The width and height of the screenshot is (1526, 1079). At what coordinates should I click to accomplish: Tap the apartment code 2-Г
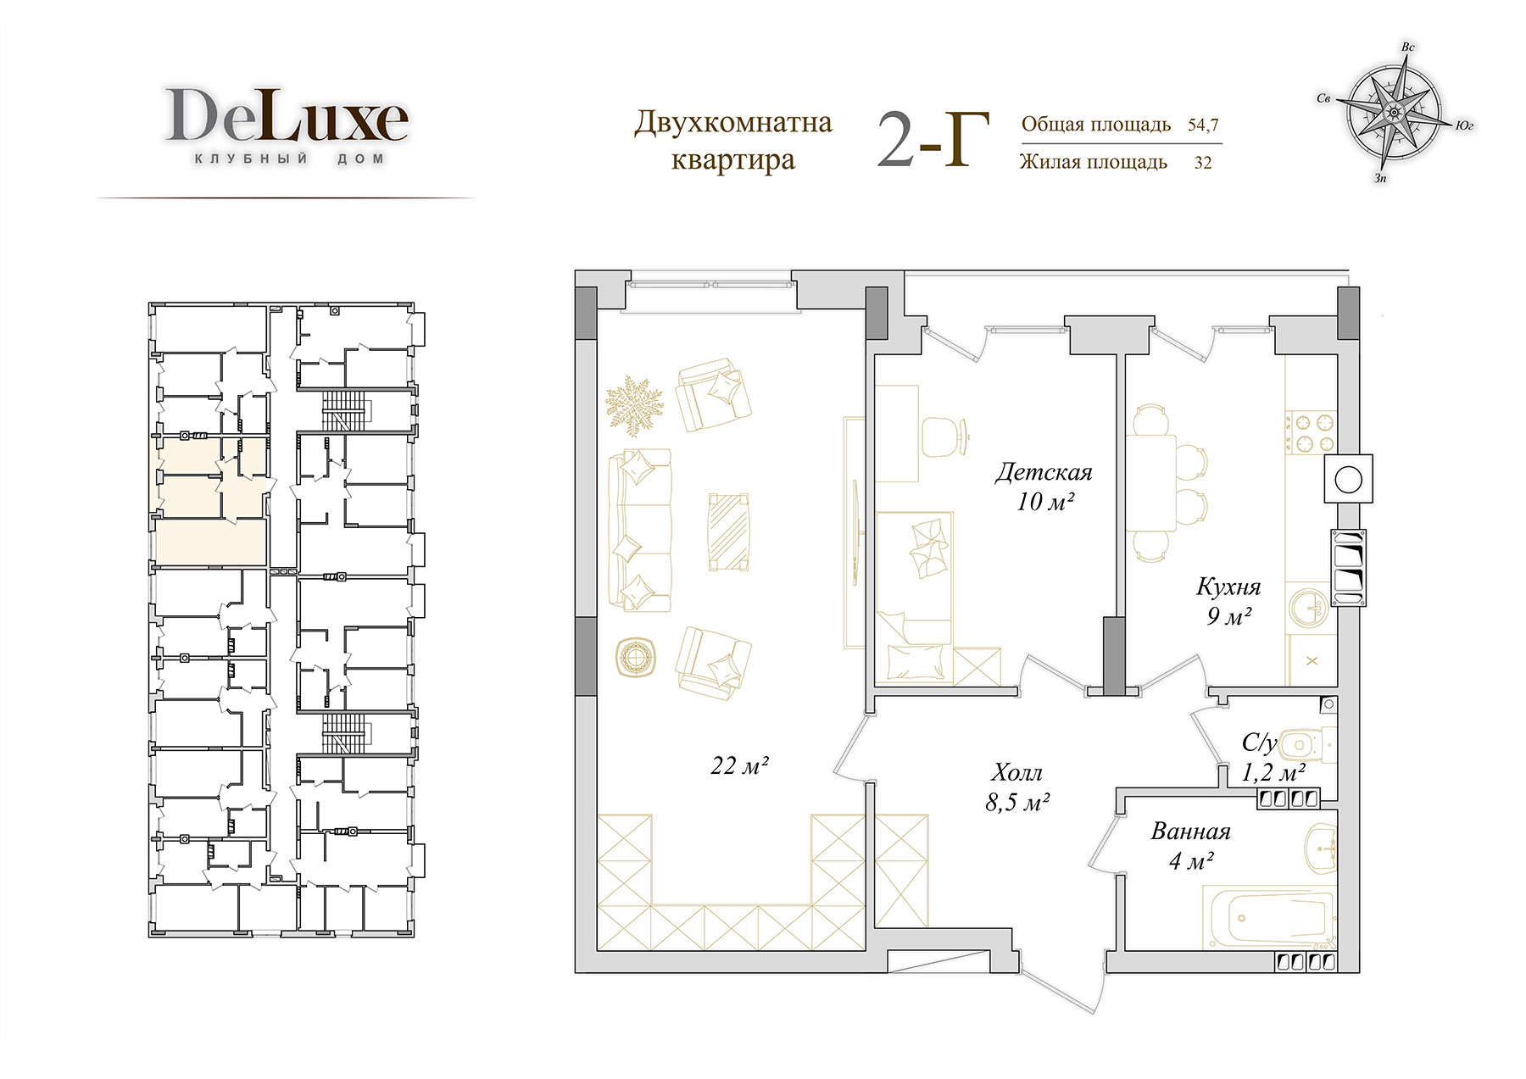(933, 141)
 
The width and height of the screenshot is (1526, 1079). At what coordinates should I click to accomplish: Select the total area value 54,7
(1203, 125)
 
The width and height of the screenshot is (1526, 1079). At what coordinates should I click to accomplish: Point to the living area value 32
(1203, 163)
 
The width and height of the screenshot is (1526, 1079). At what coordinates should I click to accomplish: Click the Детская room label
(1044, 472)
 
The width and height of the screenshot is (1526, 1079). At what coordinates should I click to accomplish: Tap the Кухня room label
(1228, 587)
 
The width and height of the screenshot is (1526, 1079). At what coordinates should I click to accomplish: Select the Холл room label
(1017, 772)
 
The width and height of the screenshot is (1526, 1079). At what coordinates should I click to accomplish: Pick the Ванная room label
(1190, 831)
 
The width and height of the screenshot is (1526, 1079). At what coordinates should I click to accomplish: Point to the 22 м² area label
(739, 765)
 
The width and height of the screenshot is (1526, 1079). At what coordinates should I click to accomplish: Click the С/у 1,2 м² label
(1272, 758)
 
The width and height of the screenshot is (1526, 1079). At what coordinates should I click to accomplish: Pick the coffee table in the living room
(728, 532)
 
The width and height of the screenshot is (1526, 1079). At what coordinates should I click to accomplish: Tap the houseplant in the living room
(634, 407)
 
